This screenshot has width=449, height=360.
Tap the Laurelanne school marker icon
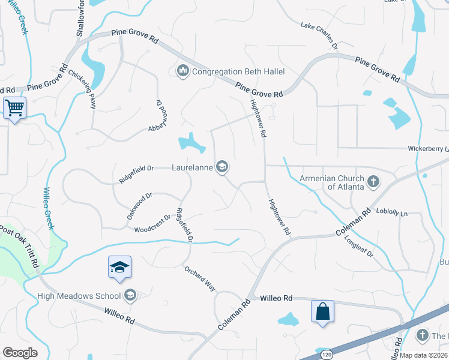(x=222, y=167)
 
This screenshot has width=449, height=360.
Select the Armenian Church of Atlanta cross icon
(x=373, y=181)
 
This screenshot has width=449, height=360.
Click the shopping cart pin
(x=14, y=109)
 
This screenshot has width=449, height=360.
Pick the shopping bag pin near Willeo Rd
(x=322, y=311)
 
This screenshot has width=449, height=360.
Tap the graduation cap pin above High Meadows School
(x=119, y=267)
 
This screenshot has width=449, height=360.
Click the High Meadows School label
(x=87, y=295)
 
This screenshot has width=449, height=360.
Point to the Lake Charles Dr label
(x=319, y=36)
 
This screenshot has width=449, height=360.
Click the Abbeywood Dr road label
(x=155, y=115)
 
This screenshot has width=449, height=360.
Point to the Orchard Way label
(x=200, y=278)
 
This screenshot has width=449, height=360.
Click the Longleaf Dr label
(x=359, y=247)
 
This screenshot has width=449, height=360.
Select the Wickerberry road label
(x=428, y=148)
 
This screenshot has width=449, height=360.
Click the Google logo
(x=20, y=352)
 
